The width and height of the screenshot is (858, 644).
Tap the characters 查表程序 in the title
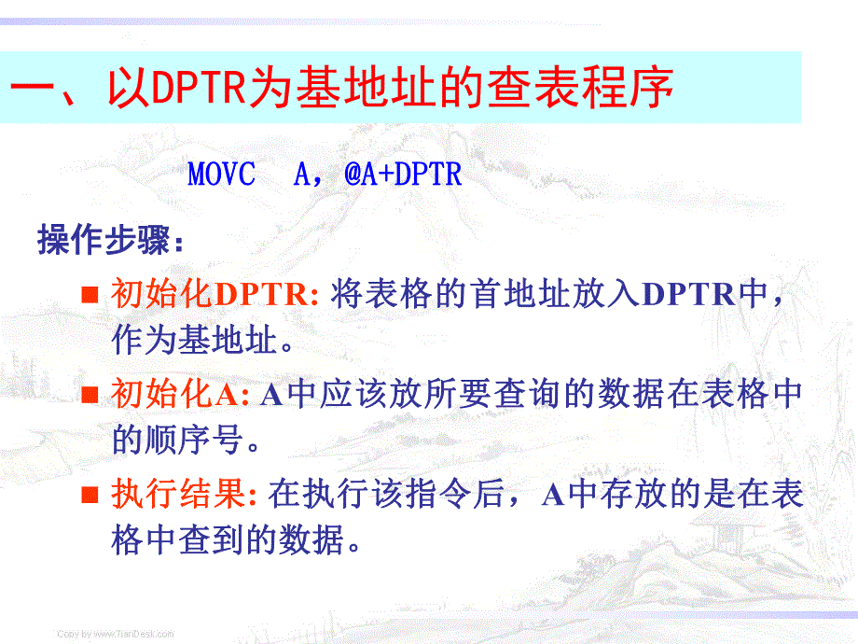click(582, 89)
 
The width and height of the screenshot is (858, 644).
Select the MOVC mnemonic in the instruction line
click(221, 175)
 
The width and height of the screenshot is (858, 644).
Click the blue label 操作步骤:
click(111, 241)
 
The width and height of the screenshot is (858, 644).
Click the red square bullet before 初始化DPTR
click(90, 296)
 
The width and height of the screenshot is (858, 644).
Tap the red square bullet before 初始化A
click(90, 395)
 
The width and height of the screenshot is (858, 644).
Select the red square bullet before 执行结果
click(90, 495)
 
